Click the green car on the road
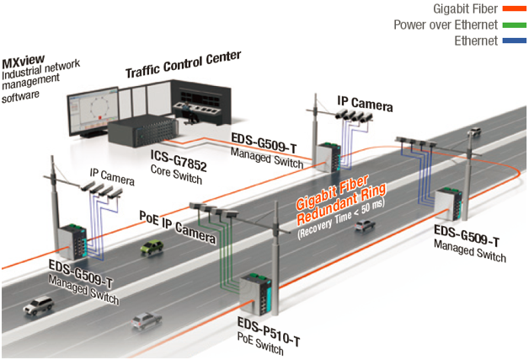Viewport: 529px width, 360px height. coord(152,248)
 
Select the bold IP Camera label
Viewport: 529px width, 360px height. coord(365,104)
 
